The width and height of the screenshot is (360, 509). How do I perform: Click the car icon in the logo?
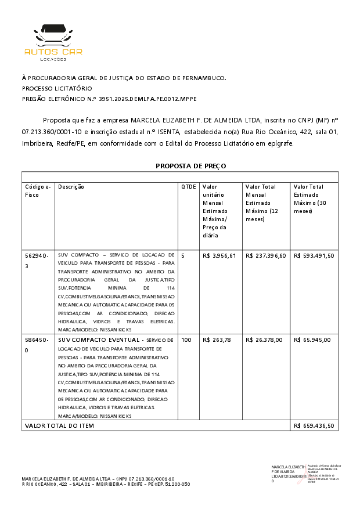pyautogui.click(x=53, y=37)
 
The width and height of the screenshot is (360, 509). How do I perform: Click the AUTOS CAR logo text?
pyautogui.click(x=53, y=52)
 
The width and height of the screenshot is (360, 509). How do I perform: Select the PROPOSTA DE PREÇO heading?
pyautogui.click(x=190, y=166)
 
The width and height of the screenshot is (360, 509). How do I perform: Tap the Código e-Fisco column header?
pyautogui.click(x=38, y=191)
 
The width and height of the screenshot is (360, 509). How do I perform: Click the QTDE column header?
pyautogui.click(x=189, y=187)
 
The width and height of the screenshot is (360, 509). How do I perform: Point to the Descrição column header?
pyautogui.click(x=71, y=187)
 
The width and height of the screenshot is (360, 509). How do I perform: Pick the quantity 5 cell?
pyautogui.click(x=183, y=255)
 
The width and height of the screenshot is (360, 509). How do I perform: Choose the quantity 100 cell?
pyautogui.click(x=186, y=340)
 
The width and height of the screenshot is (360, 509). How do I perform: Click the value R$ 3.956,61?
pyautogui.click(x=219, y=255)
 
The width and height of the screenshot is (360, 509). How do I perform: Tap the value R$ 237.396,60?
pyautogui.click(x=265, y=255)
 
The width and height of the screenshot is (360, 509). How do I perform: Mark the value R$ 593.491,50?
pyautogui.click(x=314, y=255)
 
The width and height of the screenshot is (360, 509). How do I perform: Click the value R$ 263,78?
pyautogui.click(x=217, y=340)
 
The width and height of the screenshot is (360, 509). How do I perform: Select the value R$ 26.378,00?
pyautogui.click(x=264, y=340)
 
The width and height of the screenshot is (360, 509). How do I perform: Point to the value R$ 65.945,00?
pyautogui.click(x=312, y=340)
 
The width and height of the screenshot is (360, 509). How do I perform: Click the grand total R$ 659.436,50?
pyautogui.click(x=314, y=425)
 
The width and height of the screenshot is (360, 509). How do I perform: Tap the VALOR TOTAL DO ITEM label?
pyautogui.click(x=59, y=425)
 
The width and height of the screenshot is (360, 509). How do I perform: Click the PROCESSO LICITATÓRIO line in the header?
pyautogui.click(x=57, y=88)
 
